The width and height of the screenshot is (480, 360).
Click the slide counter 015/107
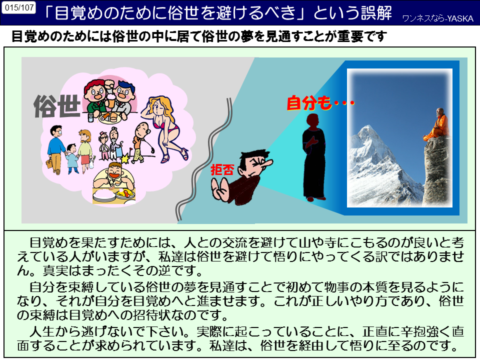(x=19, y=7)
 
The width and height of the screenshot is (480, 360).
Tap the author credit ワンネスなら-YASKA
(x=438, y=18)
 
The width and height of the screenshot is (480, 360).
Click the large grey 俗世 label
(x=57, y=106)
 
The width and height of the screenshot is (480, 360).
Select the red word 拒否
(x=222, y=170)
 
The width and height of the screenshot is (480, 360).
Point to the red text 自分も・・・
(x=320, y=103)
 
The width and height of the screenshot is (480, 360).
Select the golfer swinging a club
(x=140, y=141)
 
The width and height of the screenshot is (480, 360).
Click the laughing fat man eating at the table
(x=114, y=175)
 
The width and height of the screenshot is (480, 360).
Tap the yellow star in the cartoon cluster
(x=125, y=158)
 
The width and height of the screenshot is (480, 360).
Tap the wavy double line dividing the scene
(x=204, y=159)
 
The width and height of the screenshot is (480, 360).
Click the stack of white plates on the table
(x=104, y=196)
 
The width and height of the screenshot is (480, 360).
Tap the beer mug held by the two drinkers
(x=111, y=98)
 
